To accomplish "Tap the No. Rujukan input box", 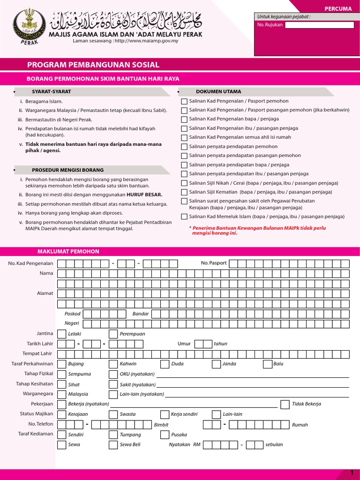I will (319, 25).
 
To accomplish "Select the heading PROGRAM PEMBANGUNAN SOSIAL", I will (93, 65).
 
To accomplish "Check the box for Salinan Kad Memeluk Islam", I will (184, 217).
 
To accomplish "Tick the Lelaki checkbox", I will (61, 334).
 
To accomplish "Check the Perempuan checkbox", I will (113, 334).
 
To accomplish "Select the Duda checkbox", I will (165, 364).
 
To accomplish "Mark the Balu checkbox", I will (268, 364).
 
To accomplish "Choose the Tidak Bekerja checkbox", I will (285, 404).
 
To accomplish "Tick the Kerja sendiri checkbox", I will (165, 414).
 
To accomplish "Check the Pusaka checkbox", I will (165, 435).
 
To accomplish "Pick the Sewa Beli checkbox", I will (113, 445).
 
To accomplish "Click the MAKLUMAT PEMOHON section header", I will (68, 252).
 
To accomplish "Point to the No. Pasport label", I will (214, 263).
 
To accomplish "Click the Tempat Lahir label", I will (37, 353).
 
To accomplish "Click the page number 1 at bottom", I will (352, 473).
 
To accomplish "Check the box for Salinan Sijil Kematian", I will (184, 192).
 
